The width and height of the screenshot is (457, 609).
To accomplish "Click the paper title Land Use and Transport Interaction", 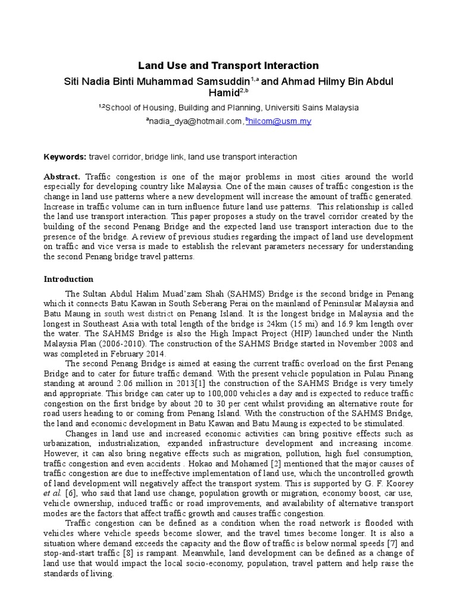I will click(228, 65).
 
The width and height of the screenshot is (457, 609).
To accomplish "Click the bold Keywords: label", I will click(65, 156).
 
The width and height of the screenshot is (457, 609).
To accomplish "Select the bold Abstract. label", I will click(62, 177).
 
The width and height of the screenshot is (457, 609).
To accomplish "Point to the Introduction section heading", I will click(69, 278).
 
